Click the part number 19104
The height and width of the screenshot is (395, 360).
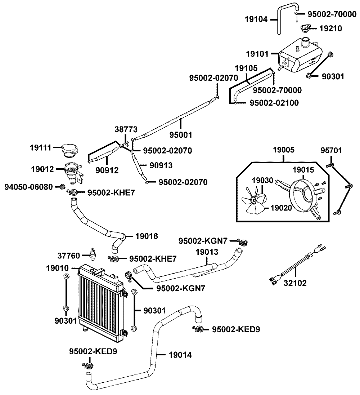(256, 19)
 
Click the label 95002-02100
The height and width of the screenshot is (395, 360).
(274, 103)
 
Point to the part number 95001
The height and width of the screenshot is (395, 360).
(181, 135)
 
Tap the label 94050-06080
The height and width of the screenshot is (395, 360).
(29, 187)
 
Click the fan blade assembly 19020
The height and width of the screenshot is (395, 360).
(254, 201)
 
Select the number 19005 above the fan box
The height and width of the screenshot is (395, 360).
(284, 150)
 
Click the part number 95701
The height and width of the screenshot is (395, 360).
(331, 150)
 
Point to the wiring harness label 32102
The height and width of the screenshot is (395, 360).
(295, 283)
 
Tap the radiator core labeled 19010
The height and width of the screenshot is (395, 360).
(101, 303)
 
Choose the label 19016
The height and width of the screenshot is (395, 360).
(147, 236)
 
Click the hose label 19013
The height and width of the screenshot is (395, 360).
(207, 252)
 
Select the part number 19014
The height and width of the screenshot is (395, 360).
(180, 355)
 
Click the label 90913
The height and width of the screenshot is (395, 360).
(161, 165)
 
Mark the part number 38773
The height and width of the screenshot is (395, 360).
(126, 129)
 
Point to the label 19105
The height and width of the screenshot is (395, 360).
(246, 68)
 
